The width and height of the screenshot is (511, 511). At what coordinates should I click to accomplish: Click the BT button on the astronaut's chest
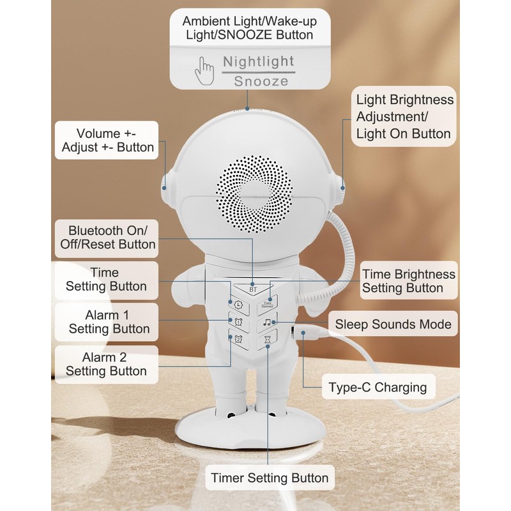pos(253,289)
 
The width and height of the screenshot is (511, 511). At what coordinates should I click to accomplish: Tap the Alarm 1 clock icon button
pos(239,322)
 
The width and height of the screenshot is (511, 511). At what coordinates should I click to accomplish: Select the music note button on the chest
pos(267,323)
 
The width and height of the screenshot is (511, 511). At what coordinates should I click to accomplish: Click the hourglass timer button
pos(267,340)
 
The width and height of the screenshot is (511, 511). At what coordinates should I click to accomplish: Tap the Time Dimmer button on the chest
pos(267,305)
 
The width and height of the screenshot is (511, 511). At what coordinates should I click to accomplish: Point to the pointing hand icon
pos(204,71)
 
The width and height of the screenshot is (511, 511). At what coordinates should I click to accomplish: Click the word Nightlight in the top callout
pos(259,61)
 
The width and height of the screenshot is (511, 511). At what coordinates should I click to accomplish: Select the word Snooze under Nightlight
pos(261,81)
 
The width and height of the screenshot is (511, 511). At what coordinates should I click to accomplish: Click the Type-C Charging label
pos(378,387)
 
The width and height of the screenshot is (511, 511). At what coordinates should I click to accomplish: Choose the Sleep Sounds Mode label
pos(393,324)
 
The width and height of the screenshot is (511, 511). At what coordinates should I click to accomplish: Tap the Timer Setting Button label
pos(270,478)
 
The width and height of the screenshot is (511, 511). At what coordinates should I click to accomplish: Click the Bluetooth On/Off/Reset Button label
pos(107,238)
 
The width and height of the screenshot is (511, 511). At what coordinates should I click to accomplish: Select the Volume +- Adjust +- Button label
pos(107,141)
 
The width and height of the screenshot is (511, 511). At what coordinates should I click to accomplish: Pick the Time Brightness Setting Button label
pos(409,281)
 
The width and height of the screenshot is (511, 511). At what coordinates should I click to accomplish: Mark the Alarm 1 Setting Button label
pos(107,322)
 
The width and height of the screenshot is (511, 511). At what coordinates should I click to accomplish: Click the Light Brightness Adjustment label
pos(404,116)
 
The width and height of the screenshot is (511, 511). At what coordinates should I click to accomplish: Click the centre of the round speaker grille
pos(254,194)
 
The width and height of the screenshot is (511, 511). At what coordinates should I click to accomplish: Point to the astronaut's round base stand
pos(250,427)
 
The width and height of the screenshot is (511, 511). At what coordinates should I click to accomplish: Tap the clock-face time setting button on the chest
pos(239,305)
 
